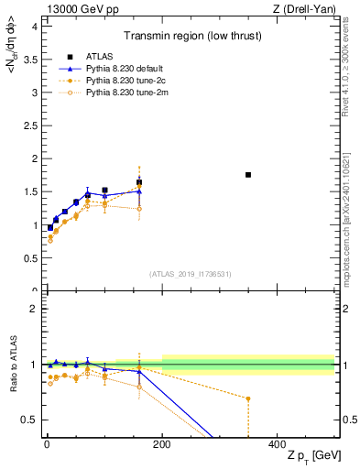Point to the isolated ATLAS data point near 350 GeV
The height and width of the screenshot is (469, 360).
[x=248, y=174]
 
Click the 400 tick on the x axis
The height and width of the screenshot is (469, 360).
[x=278, y=442]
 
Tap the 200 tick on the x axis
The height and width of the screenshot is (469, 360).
[x=162, y=442]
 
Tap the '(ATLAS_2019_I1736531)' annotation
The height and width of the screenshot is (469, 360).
[x=191, y=274]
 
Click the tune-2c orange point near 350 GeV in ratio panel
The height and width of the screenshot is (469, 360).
[x=248, y=398]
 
